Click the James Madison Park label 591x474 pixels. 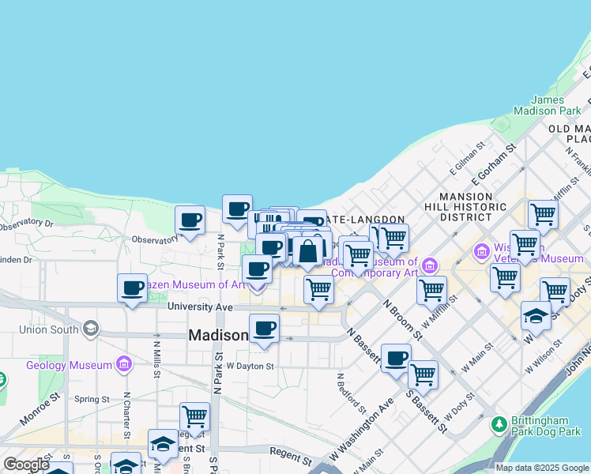(x=548, y=106)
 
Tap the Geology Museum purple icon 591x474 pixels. (x=124, y=364)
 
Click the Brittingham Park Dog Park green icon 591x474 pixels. (x=499, y=424)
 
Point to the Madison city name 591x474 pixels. (x=218, y=336)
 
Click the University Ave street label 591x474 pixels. (x=200, y=307)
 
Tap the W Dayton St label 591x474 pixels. (x=250, y=366)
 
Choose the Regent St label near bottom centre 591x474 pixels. (x=290, y=457)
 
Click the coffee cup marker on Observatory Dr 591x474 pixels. (x=190, y=220)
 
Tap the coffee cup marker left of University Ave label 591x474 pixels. (x=132, y=288)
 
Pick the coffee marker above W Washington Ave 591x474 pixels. (x=396, y=358)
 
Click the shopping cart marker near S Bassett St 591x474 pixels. (x=423, y=374)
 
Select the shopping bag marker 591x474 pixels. (x=307, y=252)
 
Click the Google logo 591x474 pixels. (x=26, y=464)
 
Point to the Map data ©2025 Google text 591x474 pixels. (x=542, y=468)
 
